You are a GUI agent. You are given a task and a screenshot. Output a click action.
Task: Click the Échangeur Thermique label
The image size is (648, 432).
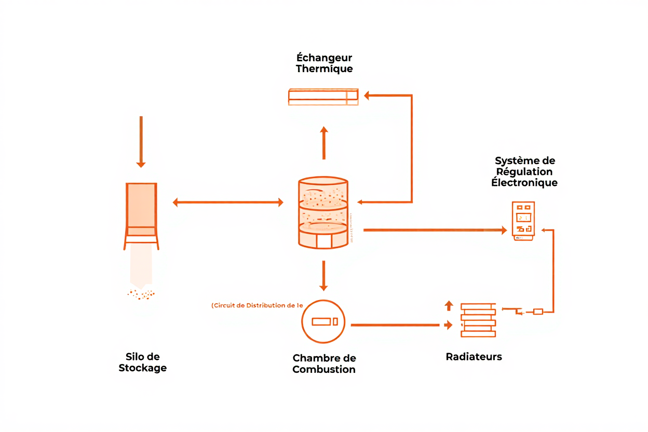pyautogui.click(x=324, y=63)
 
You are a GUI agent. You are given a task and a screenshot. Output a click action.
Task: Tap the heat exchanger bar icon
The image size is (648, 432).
pyautogui.click(x=323, y=97)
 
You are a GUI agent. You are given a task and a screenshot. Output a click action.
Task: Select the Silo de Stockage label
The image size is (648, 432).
pyautogui.click(x=142, y=362)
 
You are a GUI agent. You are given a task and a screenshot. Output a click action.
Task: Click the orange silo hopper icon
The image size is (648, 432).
pyautogui.click(x=141, y=213)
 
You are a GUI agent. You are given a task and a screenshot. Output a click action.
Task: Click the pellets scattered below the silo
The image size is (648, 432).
pyautogui.click(x=141, y=294)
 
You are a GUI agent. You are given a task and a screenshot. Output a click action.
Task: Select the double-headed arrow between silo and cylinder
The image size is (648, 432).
pyautogui.click(x=228, y=203)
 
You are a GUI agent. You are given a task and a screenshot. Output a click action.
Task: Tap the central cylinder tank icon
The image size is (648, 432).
pyautogui.click(x=323, y=213)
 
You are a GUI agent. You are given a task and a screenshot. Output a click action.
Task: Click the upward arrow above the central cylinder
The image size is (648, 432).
pyautogui.click(x=324, y=142)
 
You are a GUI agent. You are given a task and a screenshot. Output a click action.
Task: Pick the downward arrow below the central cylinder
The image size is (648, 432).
pyautogui.click(x=323, y=276)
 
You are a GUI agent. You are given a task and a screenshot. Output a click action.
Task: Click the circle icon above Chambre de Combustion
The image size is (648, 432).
pyautogui.click(x=324, y=321)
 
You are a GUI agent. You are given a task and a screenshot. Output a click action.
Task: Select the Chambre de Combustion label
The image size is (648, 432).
pyautogui.click(x=324, y=364)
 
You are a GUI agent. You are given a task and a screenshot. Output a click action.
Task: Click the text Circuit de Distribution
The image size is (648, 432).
pyautogui.click(x=257, y=305)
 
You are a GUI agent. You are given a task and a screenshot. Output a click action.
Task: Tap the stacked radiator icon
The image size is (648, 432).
pyautogui.click(x=478, y=320)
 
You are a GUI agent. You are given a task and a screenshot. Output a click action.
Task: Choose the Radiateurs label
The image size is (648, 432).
pyautogui.click(x=474, y=357)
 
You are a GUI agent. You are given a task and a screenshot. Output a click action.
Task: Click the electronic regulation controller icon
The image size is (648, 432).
pyautogui.click(x=523, y=220)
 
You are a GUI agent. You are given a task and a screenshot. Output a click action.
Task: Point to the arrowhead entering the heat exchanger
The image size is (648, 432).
pyautogui.click(x=367, y=96)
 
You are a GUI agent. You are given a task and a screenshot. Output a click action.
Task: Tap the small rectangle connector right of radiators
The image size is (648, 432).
pyautogui.click(x=538, y=312)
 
